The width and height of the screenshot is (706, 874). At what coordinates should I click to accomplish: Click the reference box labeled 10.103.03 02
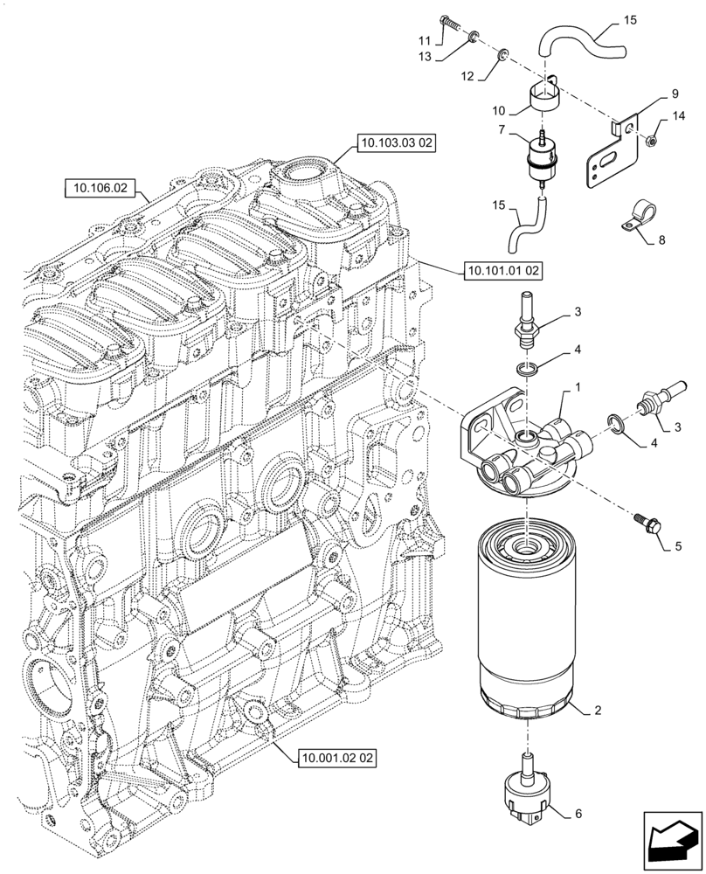click(395, 143)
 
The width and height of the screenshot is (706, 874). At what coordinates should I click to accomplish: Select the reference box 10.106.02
click(100, 187)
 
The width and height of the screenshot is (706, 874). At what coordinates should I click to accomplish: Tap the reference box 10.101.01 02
click(499, 271)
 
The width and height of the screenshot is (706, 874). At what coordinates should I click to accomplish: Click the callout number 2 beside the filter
click(598, 712)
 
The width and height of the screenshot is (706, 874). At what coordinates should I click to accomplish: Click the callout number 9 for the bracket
click(675, 93)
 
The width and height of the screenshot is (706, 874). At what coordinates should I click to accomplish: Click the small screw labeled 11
click(452, 24)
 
